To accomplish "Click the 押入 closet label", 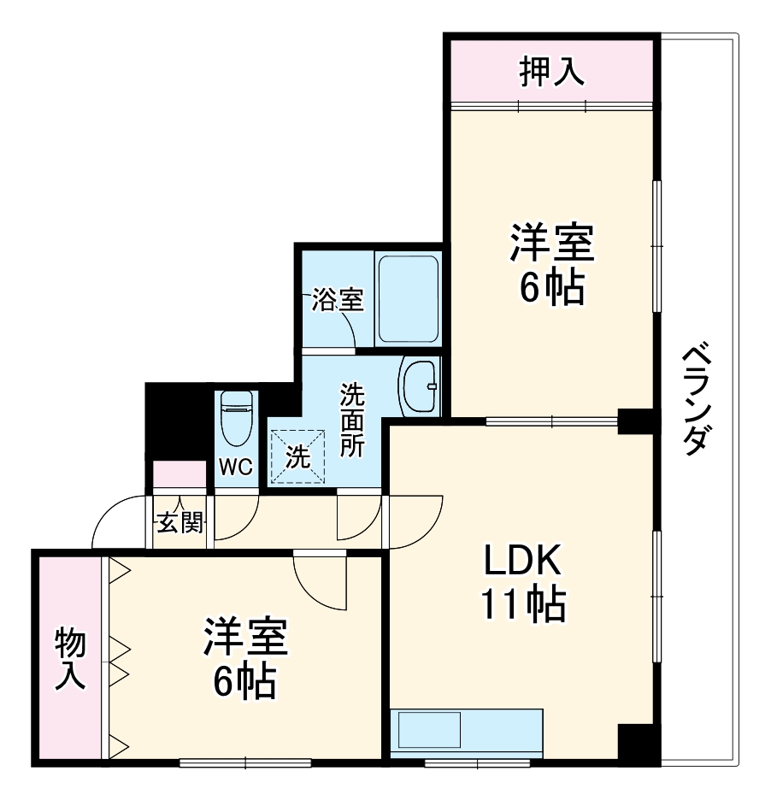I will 552,73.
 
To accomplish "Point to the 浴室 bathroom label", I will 337,300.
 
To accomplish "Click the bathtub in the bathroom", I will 408,298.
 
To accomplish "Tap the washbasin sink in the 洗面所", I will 419,385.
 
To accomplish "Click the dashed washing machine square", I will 297,456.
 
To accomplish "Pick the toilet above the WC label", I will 236,418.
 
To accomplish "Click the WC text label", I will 235,467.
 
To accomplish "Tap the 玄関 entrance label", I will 178,521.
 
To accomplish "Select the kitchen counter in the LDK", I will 467,732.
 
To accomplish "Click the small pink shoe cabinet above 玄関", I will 180,474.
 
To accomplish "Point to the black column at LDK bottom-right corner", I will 638,743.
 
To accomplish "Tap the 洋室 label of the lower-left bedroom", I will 244,636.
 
